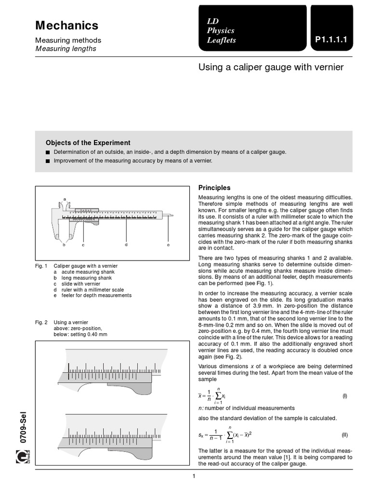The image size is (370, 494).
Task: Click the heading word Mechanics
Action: point(67,26)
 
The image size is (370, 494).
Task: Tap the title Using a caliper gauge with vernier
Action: point(271,67)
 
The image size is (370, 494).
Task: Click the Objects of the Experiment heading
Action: point(88,143)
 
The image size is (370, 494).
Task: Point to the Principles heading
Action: point(214,188)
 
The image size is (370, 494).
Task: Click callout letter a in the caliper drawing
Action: point(65,199)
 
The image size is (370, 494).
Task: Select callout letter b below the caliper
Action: point(64,245)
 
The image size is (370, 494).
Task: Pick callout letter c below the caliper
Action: point(83,245)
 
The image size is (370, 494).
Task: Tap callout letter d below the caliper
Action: point(126,245)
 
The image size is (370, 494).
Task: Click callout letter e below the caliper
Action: point(168,245)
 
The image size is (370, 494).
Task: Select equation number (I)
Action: point(344,396)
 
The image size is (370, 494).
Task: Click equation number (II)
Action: point(344,435)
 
